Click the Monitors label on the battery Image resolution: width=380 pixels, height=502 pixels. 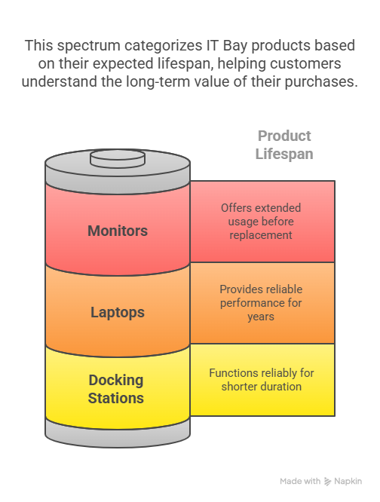pyautogui.click(x=118, y=231)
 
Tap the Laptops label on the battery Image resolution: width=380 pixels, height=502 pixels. pyautogui.click(x=118, y=313)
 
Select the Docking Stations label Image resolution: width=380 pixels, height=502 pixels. pyautogui.click(x=116, y=389)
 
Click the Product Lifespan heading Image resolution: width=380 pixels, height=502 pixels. pyautogui.click(x=284, y=145)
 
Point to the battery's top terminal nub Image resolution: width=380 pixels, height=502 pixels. pyautogui.click(x=118, y=158)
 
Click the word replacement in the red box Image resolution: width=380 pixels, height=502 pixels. pyautogui.click(x=261, y=235)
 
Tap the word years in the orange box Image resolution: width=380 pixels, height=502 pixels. pyautogui.click(x=261, y=317)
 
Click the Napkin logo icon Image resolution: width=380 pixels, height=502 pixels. pyautogui.click(x=327, y=481)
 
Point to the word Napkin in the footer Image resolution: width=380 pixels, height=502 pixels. pyautogui.click(x=348, y=482)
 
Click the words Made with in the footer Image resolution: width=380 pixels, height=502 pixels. pyautogui.click(x=300, y=481)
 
